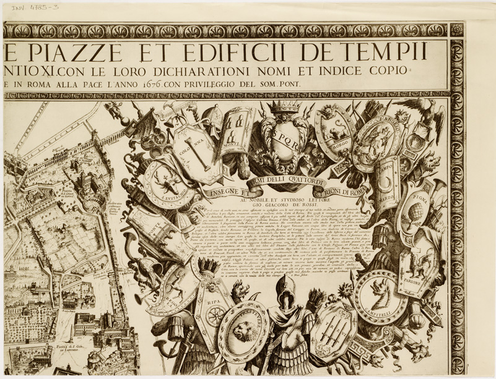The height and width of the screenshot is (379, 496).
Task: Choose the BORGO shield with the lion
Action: pyautogui.click(x=335, y=131)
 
